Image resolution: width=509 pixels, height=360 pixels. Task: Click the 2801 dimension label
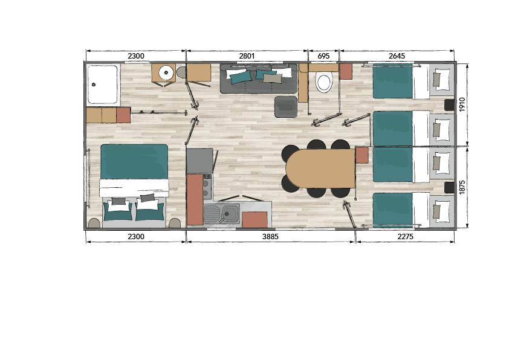pyautogui.click(x=247, y=56)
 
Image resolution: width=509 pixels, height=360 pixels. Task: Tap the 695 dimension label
pyautogui.click(x=323, y=56)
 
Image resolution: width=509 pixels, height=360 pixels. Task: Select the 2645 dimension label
pyautogui.click(x=397, y=56)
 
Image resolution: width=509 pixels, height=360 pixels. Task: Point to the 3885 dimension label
pyautogui.click(x=270, y=236)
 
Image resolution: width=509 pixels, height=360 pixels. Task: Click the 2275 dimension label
pyautogui.click(x=406, y=236)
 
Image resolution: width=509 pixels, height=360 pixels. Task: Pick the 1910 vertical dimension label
pyautogui.click(x=462, y=104)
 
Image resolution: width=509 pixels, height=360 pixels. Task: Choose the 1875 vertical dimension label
pyautogui.click(x=462, y=187)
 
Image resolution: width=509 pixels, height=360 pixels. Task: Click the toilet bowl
pyautogui.click(x=323, y=83)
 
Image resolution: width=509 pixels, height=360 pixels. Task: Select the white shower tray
pyautogui.click(x=103, y=85)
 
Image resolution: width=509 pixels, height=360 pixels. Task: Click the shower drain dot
pyautogui.click(x=94, y=85)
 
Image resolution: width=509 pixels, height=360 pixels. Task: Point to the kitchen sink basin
pyautogui.click(x=230, y=214)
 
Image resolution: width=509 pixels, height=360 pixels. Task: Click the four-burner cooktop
pyautogui.click(x=207, y=187)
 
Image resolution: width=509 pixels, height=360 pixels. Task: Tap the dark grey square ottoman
pyautogui.click(x=286, y=107)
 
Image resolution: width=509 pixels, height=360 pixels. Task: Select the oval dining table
pyautogui.click(x=320, y=169)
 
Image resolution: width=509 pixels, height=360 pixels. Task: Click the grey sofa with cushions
pyautogui.click(x=259, y=79)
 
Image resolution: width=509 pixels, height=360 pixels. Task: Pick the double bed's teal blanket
pyautogui.click(x=134, y=161)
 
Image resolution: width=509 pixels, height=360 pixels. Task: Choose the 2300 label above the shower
pyautogui.click(x=135, y=56)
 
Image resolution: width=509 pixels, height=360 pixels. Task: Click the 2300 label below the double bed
pyautogui.click(x=135, y=236)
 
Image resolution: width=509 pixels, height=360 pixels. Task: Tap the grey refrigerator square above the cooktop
pyautogui.click(x=199, y=161)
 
